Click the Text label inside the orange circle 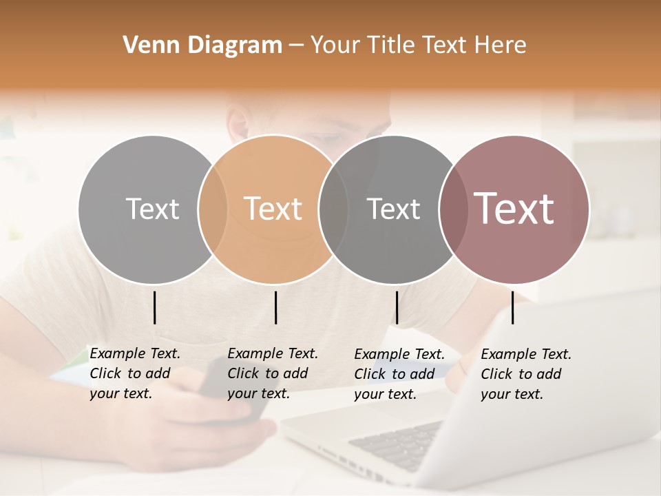click(x=273, y=209)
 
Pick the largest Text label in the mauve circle click(x=514, y=209)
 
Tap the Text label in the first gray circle click(x=152, y=209)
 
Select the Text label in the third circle click(x=393, y=209)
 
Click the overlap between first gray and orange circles click(x=213, y=209)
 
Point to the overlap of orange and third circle click(x=333, y=209)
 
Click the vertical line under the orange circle click(x=275, y=307)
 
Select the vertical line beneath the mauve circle click(x=512, y=307)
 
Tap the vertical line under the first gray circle click(x=154, y=307)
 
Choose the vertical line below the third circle click(x=397, y=307)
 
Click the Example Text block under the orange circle click(x=272, y=373)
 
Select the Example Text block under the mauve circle click(x=525, y=374)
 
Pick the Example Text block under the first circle click(x=134, y=373)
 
